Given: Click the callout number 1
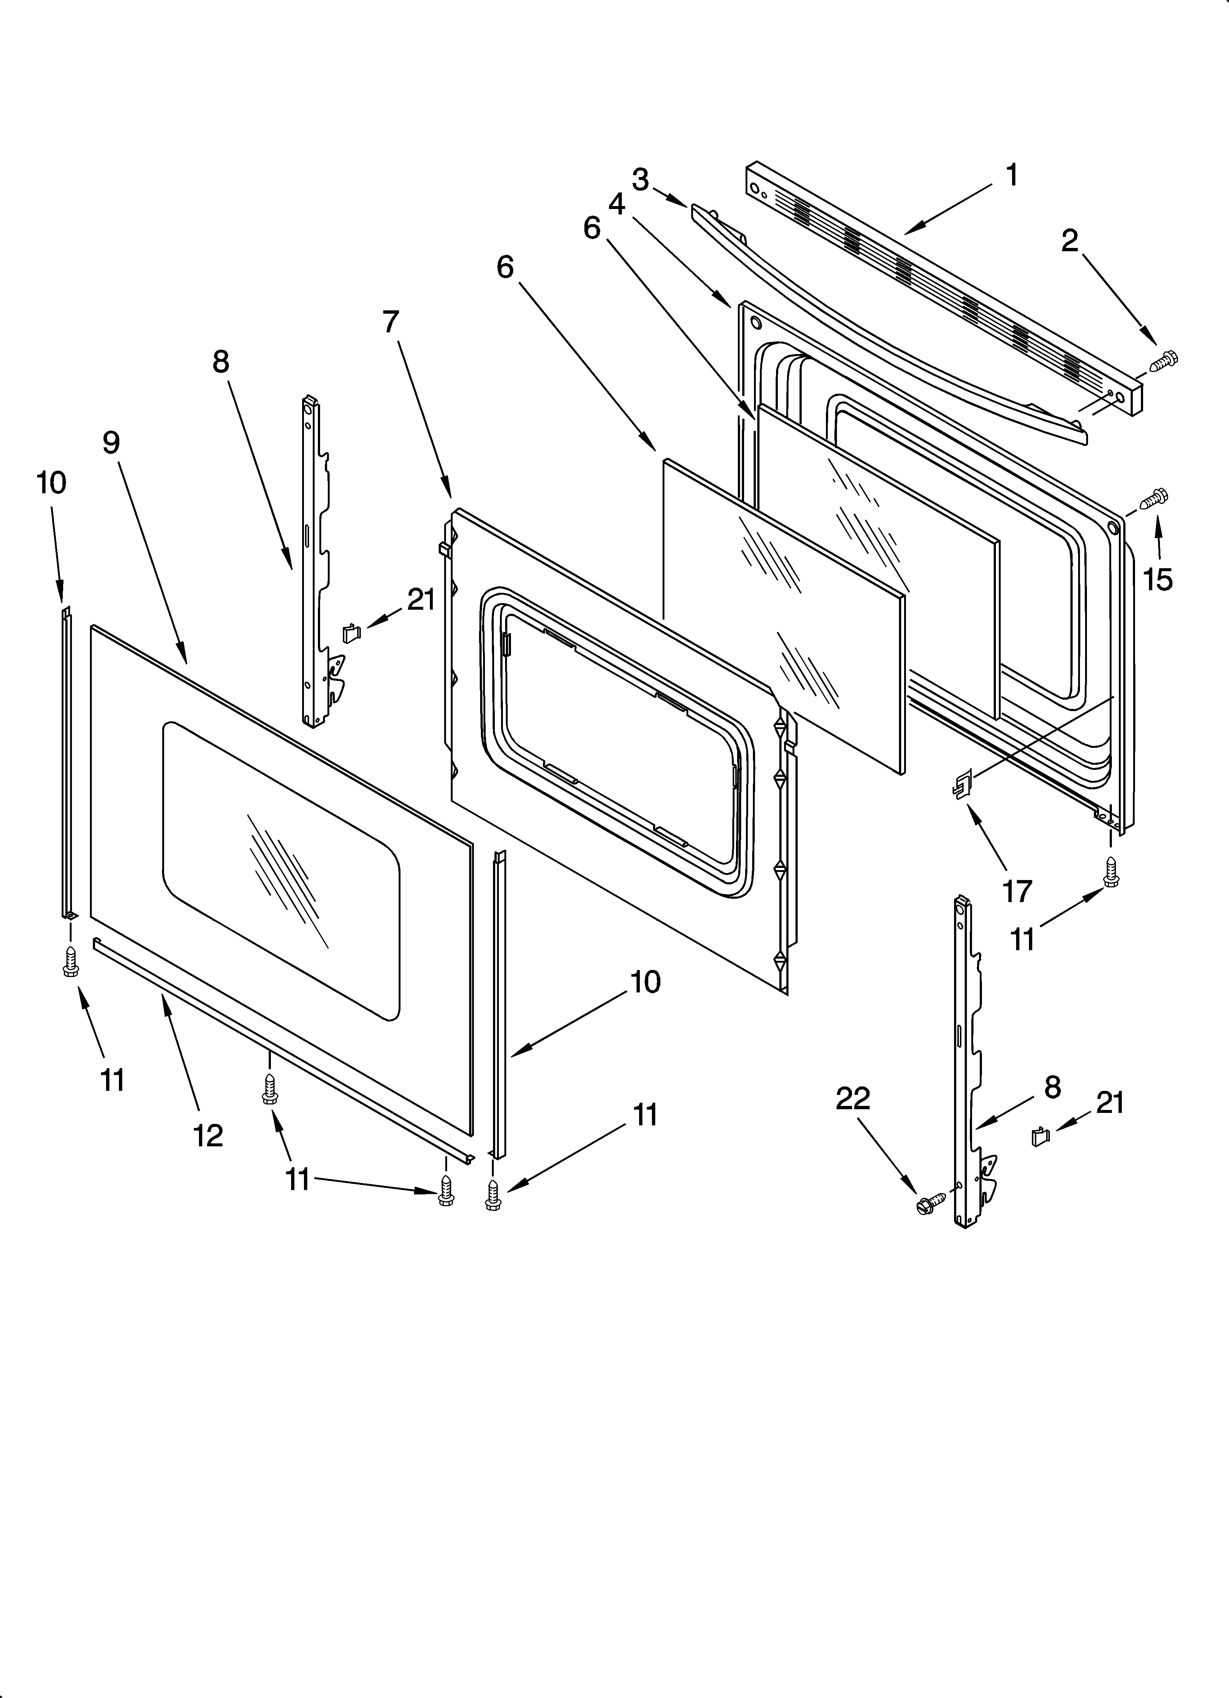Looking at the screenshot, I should point(1011,176).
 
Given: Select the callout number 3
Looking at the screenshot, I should point(640,180).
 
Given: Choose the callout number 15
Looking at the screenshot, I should point(1158,579).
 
